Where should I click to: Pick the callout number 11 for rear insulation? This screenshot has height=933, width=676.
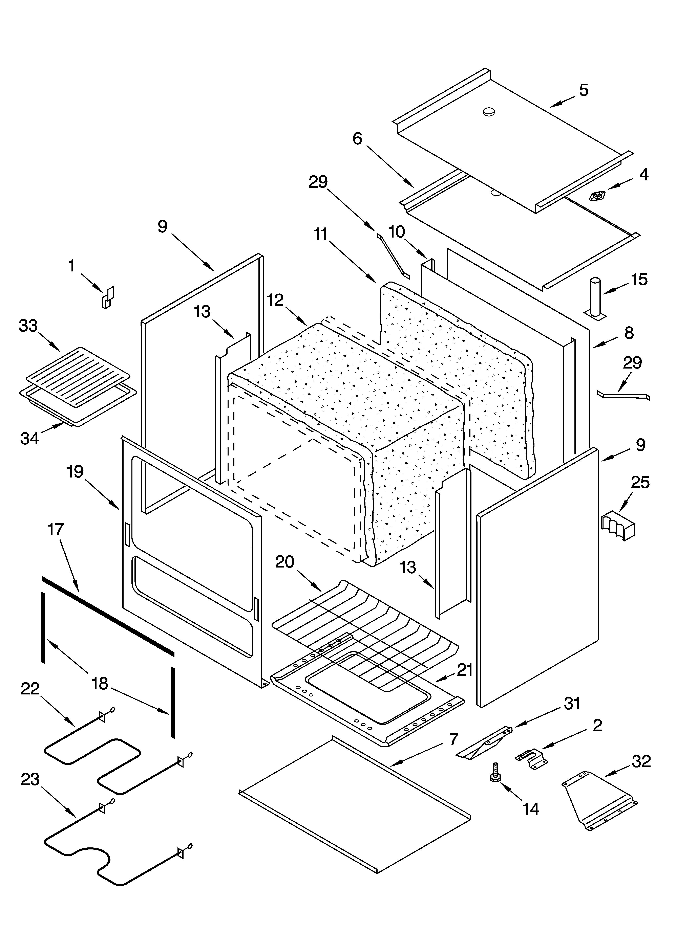click(320, 234)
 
